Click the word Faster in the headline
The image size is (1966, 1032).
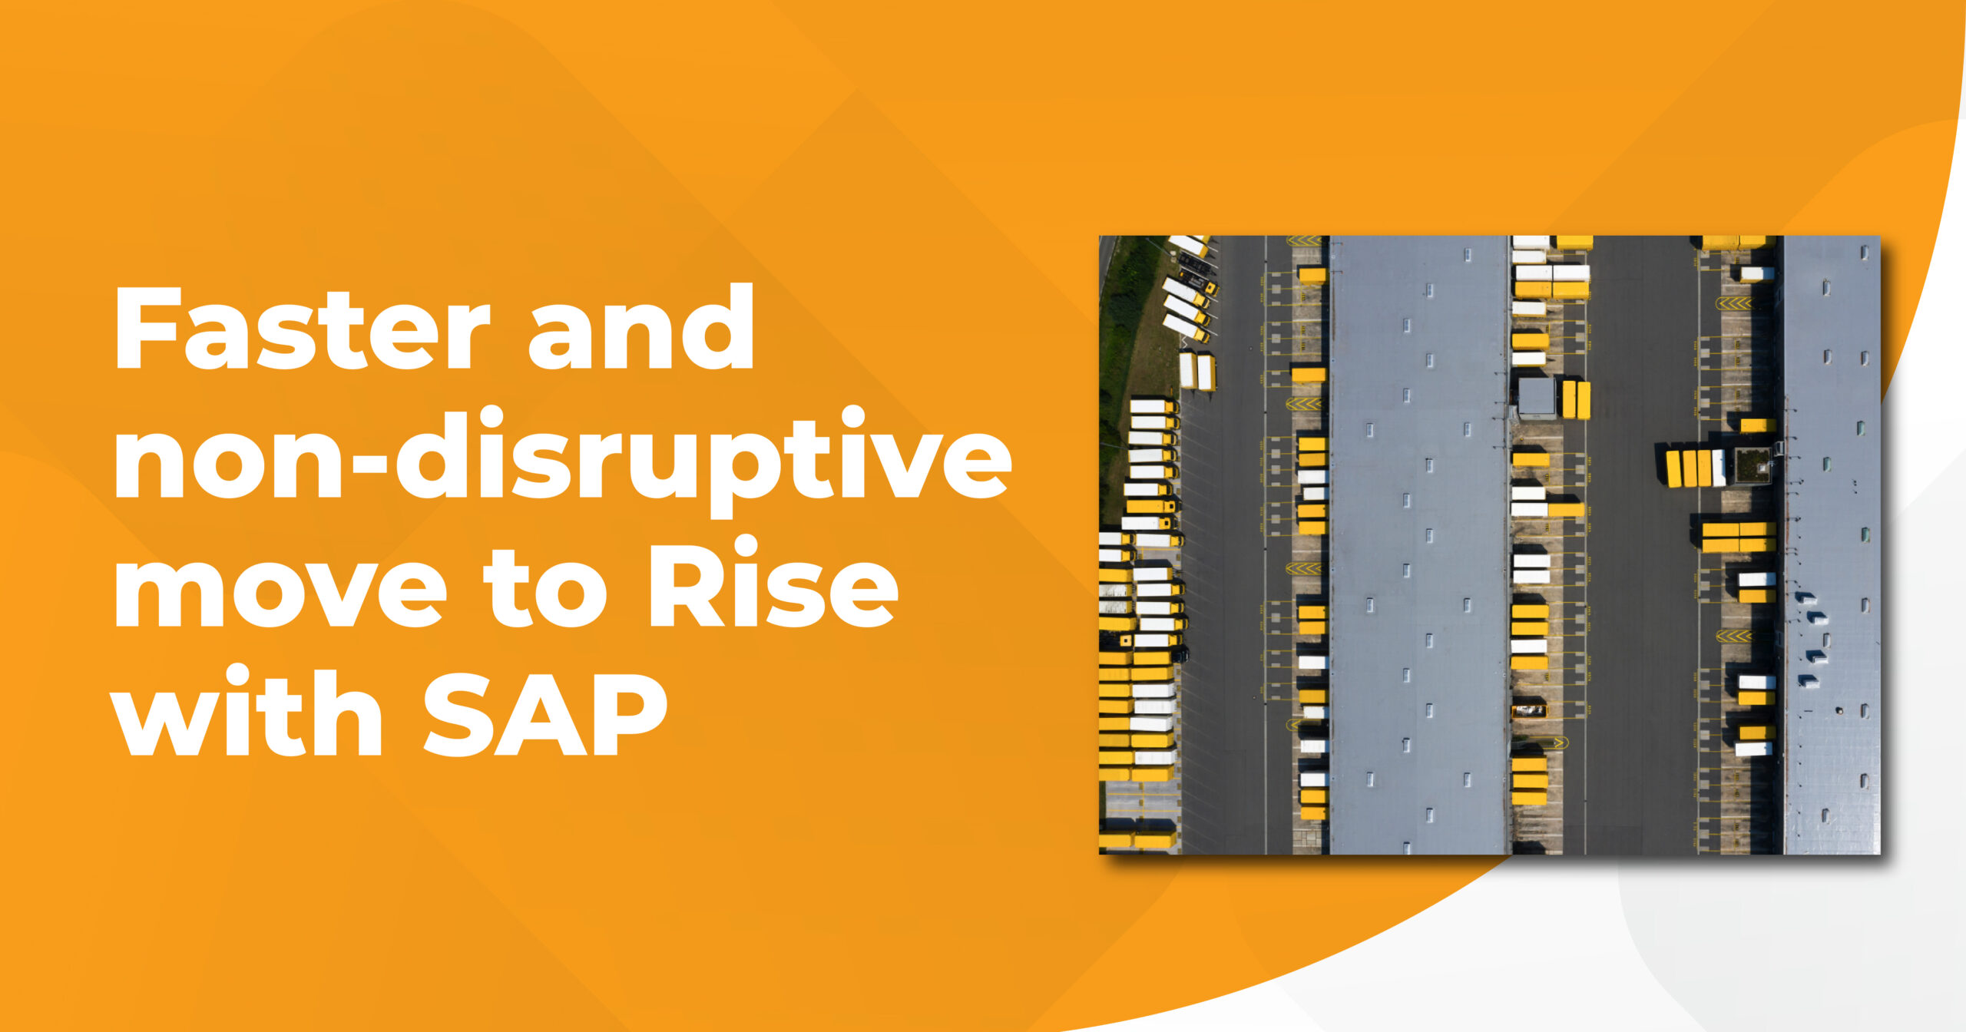pos(302,329)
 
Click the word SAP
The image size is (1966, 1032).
pos(544,714)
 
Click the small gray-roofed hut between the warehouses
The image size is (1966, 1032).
pos(1536,398)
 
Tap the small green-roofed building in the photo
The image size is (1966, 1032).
pos(1753,465)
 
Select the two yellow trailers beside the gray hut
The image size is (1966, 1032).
pos(1575,399)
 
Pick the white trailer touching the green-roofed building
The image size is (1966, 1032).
pos(1719,468)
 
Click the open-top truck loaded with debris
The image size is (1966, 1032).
pos(1528,711)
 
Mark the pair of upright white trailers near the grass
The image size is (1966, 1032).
pos(1196,372)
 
